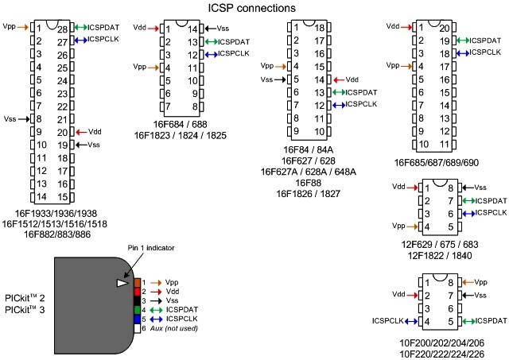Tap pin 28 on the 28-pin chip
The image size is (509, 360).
60,27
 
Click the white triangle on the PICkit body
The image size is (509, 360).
122,283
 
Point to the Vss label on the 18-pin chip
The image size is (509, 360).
268,79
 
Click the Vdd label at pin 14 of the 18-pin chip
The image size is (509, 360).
353,79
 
